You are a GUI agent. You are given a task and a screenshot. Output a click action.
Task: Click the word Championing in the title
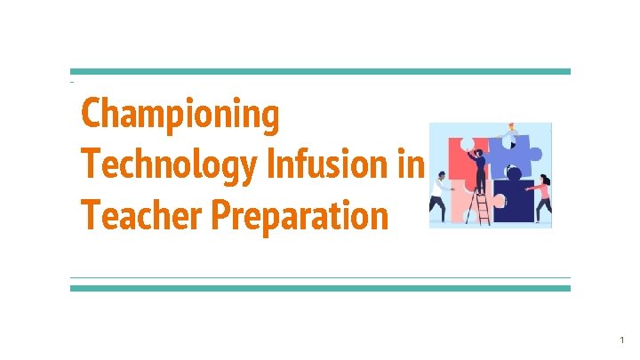(180, 116)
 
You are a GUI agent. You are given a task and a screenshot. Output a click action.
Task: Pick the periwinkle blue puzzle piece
(524, 151)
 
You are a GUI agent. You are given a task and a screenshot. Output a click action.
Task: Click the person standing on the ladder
(479, 171)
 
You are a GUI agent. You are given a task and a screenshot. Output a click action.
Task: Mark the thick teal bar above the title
(320, 72)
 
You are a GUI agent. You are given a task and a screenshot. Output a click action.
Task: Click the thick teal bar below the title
(320, 288)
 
